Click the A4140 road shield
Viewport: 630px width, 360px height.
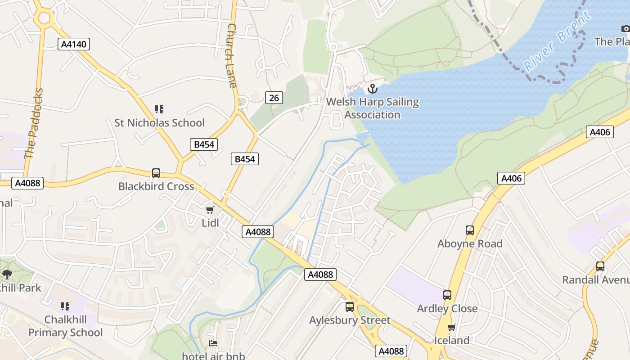click(74, 44)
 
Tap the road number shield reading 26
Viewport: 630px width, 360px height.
click(274, 98)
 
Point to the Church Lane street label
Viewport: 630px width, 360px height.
click(232, 55)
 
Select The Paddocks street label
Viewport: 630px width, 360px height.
click(34, 124)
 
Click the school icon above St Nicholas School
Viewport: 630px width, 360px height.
click(159, 109)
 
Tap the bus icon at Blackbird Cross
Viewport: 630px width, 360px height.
click(156, 173)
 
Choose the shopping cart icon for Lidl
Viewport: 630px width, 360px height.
click(210, 210)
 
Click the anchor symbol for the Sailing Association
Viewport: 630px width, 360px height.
click(372, 89)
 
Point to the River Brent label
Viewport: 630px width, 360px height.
click(557, 41)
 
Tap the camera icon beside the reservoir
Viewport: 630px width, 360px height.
click(625, 29)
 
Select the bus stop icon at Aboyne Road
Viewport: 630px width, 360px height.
click(470, 230)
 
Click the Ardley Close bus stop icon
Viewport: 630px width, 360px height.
click(447, 295)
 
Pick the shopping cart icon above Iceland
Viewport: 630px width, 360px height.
click(451, 327)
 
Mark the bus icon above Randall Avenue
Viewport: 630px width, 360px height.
click(600, 266)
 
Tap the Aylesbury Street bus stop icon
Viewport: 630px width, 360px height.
click(350, 307)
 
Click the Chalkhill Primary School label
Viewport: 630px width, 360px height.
click(66, 326)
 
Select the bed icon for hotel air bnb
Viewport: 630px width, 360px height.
click(213, 343)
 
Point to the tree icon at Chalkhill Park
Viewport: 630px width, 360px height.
click(7, 274)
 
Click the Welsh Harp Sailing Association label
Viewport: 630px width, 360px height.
click(372, 108)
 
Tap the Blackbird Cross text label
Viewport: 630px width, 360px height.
click(156, 186)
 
